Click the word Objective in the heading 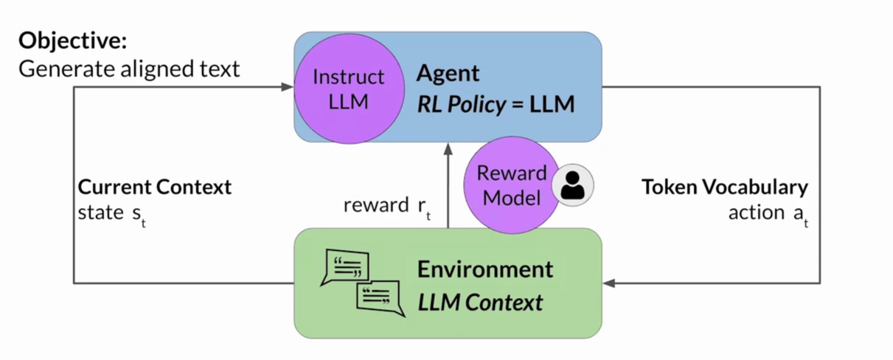pyautogui.click(x=72, y=41)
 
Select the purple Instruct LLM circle pyautogui.click(x=349, y=88)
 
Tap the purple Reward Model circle pyautogui.click(x=511, y=185)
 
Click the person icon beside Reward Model pyautogui.click(x=572, y=184)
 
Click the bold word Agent pyautogui.click(x=448, y=73)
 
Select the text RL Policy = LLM pyautogui.click(x=496, y=104)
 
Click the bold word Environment pyautogui.click(x=484, y=269)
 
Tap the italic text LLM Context pyautogui.click(x=480, y=301)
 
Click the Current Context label pyautogui.click(x=155, y=187)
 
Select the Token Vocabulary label pyautogui.click(x=725, y=187)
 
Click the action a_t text pyautogui.click(x=768, y=213)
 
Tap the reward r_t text pyautogui.click(x=386, y=206)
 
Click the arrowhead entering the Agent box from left pyautogui.click(x=288, y=87)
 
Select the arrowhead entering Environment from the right pyautogui.click(x=609, y=283)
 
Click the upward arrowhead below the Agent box pyautogui.click(x=448, y=150)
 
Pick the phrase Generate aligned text pyautogui.click(x=129, y=69)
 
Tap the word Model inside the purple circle pyautogui.click(x=512, y=197)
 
